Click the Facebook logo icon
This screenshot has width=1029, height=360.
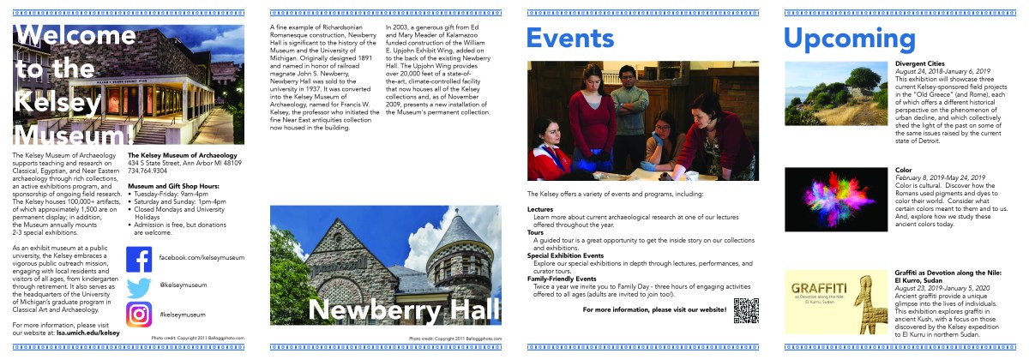139,258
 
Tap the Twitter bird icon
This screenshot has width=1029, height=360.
139,287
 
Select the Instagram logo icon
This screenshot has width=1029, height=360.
139,315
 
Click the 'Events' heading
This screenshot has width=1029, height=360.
570,39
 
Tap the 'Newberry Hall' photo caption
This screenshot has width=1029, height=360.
393,310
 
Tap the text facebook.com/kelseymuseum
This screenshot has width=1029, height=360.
196,258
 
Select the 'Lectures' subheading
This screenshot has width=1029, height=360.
540,208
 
